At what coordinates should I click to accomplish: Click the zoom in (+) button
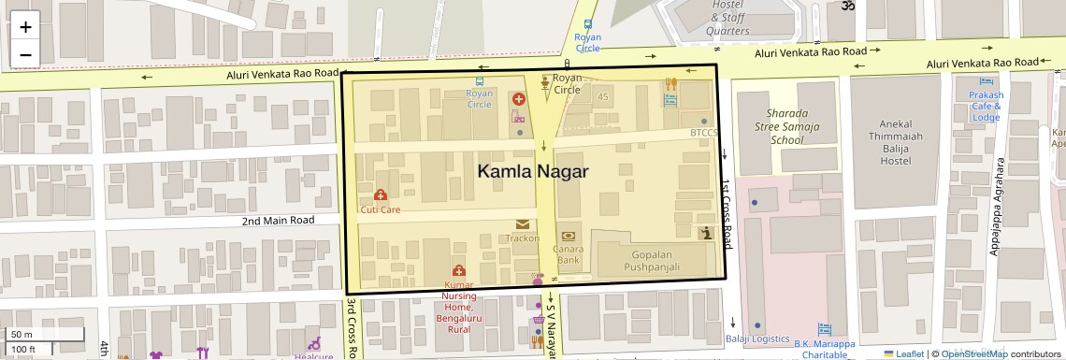25,26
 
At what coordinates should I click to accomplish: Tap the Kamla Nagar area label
533,172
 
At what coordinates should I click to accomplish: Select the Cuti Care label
381,209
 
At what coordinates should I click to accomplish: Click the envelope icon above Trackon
521,224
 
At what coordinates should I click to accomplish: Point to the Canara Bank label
568,254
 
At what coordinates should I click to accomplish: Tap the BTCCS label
704,133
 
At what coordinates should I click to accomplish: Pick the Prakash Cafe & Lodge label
986,106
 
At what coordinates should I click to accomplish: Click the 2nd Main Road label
278,221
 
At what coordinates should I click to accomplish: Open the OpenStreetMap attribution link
973,353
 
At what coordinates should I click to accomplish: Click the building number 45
603,97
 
